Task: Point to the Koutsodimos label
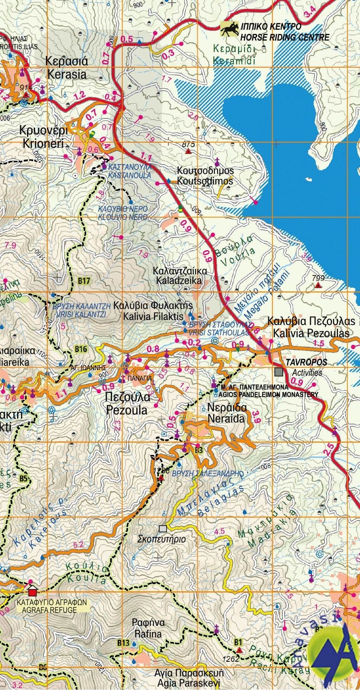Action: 205,176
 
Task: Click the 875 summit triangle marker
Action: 188,152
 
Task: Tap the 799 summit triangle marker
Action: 318,285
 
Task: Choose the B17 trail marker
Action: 84,281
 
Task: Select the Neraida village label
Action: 227,413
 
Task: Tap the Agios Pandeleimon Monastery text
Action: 264,391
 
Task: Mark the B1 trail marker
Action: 238,642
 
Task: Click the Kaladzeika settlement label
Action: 179,275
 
